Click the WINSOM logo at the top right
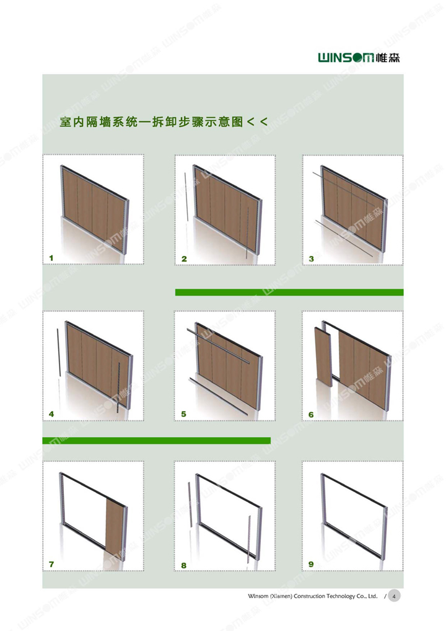359,58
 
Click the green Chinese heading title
164,121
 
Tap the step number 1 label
51,258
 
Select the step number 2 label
184,258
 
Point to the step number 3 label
311,258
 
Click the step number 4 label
51,413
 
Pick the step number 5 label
183,413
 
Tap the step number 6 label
311,415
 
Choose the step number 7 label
51,564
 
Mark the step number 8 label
183,565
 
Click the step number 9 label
311,564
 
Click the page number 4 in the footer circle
394,596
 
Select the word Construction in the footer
309,596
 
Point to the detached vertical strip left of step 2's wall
186,196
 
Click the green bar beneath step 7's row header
157,441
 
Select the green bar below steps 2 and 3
289,292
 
